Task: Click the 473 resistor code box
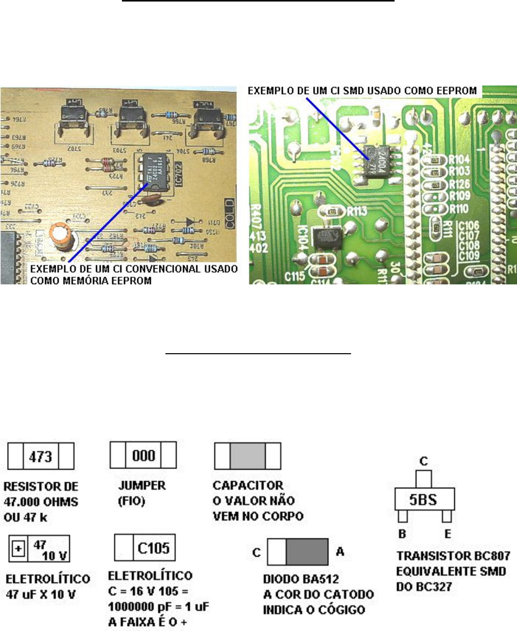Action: click(40, 456)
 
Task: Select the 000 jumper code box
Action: click(144, 455)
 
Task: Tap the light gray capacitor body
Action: click(247, 456)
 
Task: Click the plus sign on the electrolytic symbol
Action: click(18, 549)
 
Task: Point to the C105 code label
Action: click(154, 548)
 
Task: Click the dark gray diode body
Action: click(307, 552)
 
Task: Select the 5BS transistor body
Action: click(424, 500)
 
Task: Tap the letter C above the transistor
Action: click(424, 461)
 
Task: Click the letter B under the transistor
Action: click(402, 534)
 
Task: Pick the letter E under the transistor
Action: click(447, 534)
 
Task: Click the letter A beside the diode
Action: click(340, 552)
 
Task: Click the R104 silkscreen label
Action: click(459, 160)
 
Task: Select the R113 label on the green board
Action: click(357, 211)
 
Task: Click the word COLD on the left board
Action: click(229, 214)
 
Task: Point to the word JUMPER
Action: click(142, 486)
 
